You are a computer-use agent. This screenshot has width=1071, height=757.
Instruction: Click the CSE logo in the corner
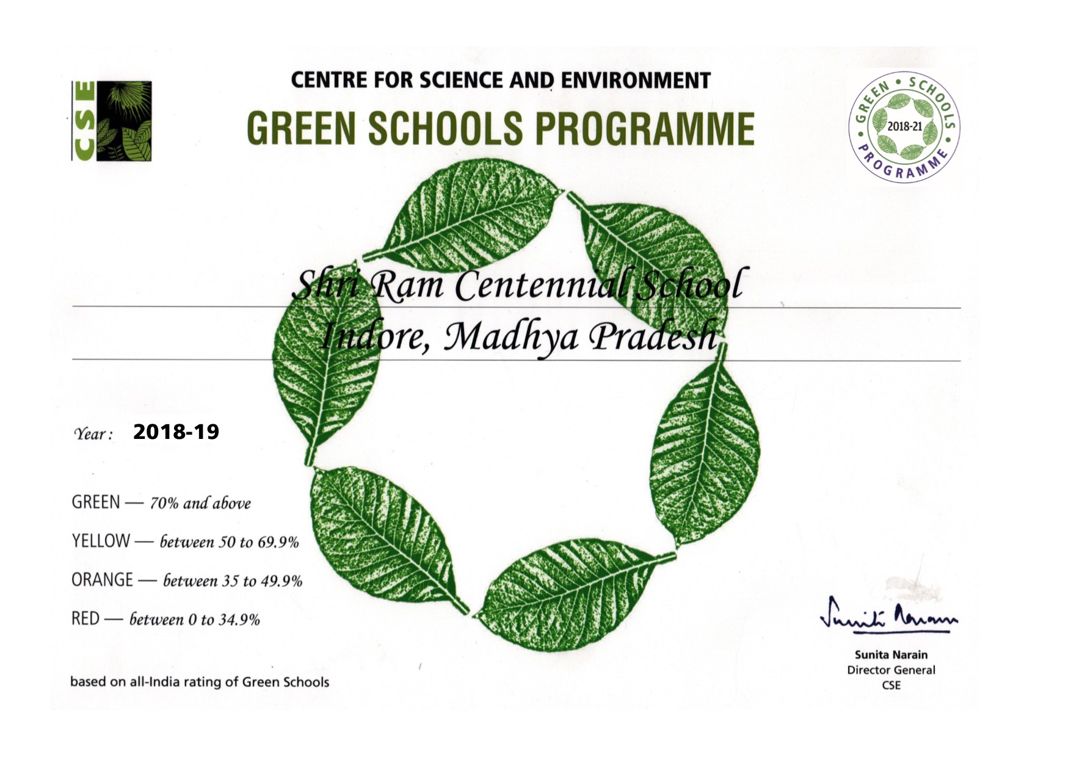112,121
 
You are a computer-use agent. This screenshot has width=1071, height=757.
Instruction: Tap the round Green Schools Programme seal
904,127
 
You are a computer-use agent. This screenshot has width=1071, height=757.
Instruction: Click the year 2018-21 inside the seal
904,126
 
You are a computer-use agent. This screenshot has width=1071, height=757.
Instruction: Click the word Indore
372,336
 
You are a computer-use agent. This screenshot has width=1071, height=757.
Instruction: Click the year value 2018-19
176,432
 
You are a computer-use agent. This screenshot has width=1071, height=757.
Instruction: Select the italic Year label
93,434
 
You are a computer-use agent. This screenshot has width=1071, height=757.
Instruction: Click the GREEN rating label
96,502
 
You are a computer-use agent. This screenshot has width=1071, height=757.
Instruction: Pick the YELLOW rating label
101,541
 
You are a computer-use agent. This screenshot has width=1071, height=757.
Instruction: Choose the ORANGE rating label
102,579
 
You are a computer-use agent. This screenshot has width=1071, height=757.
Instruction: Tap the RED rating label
85,618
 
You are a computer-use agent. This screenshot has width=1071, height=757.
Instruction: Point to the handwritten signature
888,617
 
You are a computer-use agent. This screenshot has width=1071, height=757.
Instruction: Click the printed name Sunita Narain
891,655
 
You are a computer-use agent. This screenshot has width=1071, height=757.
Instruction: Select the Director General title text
891,670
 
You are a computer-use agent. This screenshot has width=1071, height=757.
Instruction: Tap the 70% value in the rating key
164,504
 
